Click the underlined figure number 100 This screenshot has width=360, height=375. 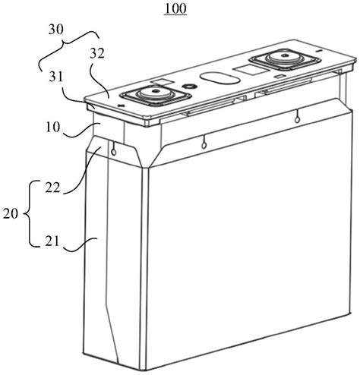coord(175,8)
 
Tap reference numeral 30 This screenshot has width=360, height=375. coord(56,30)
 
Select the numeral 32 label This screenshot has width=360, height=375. coord(97,54)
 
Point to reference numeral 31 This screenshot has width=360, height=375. coord(55,77)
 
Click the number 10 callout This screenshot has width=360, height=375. coord(53,127)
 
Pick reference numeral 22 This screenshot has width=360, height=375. coord(52,187)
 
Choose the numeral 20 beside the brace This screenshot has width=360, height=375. coord(11,214)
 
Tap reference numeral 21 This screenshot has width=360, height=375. coord(52,241)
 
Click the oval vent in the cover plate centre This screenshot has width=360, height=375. coord(219,78)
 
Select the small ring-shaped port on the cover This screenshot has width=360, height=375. coord(189,87)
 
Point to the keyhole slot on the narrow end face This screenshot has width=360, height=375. coord(114,149)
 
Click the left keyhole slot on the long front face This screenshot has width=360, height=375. coord(204,142)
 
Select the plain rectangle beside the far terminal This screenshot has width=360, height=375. coord(248,70)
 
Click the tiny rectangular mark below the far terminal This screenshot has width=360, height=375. coord(279,76)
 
